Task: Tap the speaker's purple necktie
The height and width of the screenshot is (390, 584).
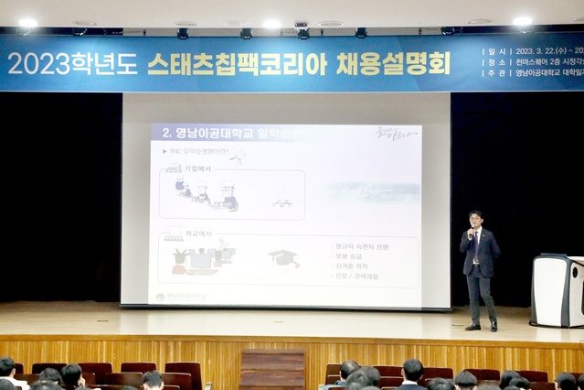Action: point(476,246)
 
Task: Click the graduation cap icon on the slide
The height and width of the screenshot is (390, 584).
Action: point(283,258)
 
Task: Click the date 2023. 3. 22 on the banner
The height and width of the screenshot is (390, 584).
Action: point(541,51)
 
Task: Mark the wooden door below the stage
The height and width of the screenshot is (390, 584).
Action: point(272,369)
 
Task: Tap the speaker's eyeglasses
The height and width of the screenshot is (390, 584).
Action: point(476,219)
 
